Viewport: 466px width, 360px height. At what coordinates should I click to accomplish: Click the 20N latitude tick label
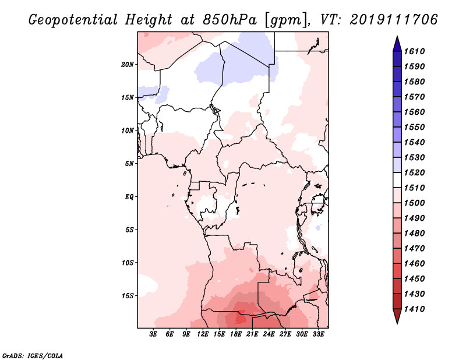128,64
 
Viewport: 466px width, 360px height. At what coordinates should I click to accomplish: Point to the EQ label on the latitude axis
129,196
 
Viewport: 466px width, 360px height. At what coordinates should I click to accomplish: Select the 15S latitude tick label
128,295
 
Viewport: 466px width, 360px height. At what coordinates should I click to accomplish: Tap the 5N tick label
129,163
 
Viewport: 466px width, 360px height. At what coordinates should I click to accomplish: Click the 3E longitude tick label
154,335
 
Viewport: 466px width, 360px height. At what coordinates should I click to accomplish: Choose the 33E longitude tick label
319,335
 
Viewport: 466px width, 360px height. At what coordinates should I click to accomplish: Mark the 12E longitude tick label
203,335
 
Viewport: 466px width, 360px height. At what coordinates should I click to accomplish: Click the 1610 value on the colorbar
416,51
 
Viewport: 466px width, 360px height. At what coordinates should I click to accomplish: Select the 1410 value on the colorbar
416,309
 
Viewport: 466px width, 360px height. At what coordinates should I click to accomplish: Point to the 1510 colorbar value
416,188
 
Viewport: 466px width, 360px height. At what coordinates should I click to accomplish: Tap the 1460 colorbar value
416,263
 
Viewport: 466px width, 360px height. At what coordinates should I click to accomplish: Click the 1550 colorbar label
416,127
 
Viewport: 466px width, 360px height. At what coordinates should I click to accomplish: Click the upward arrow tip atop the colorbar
397,38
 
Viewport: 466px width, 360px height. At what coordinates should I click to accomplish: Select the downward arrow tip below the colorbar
397,322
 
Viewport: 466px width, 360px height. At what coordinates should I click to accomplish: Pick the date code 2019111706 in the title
394,19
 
